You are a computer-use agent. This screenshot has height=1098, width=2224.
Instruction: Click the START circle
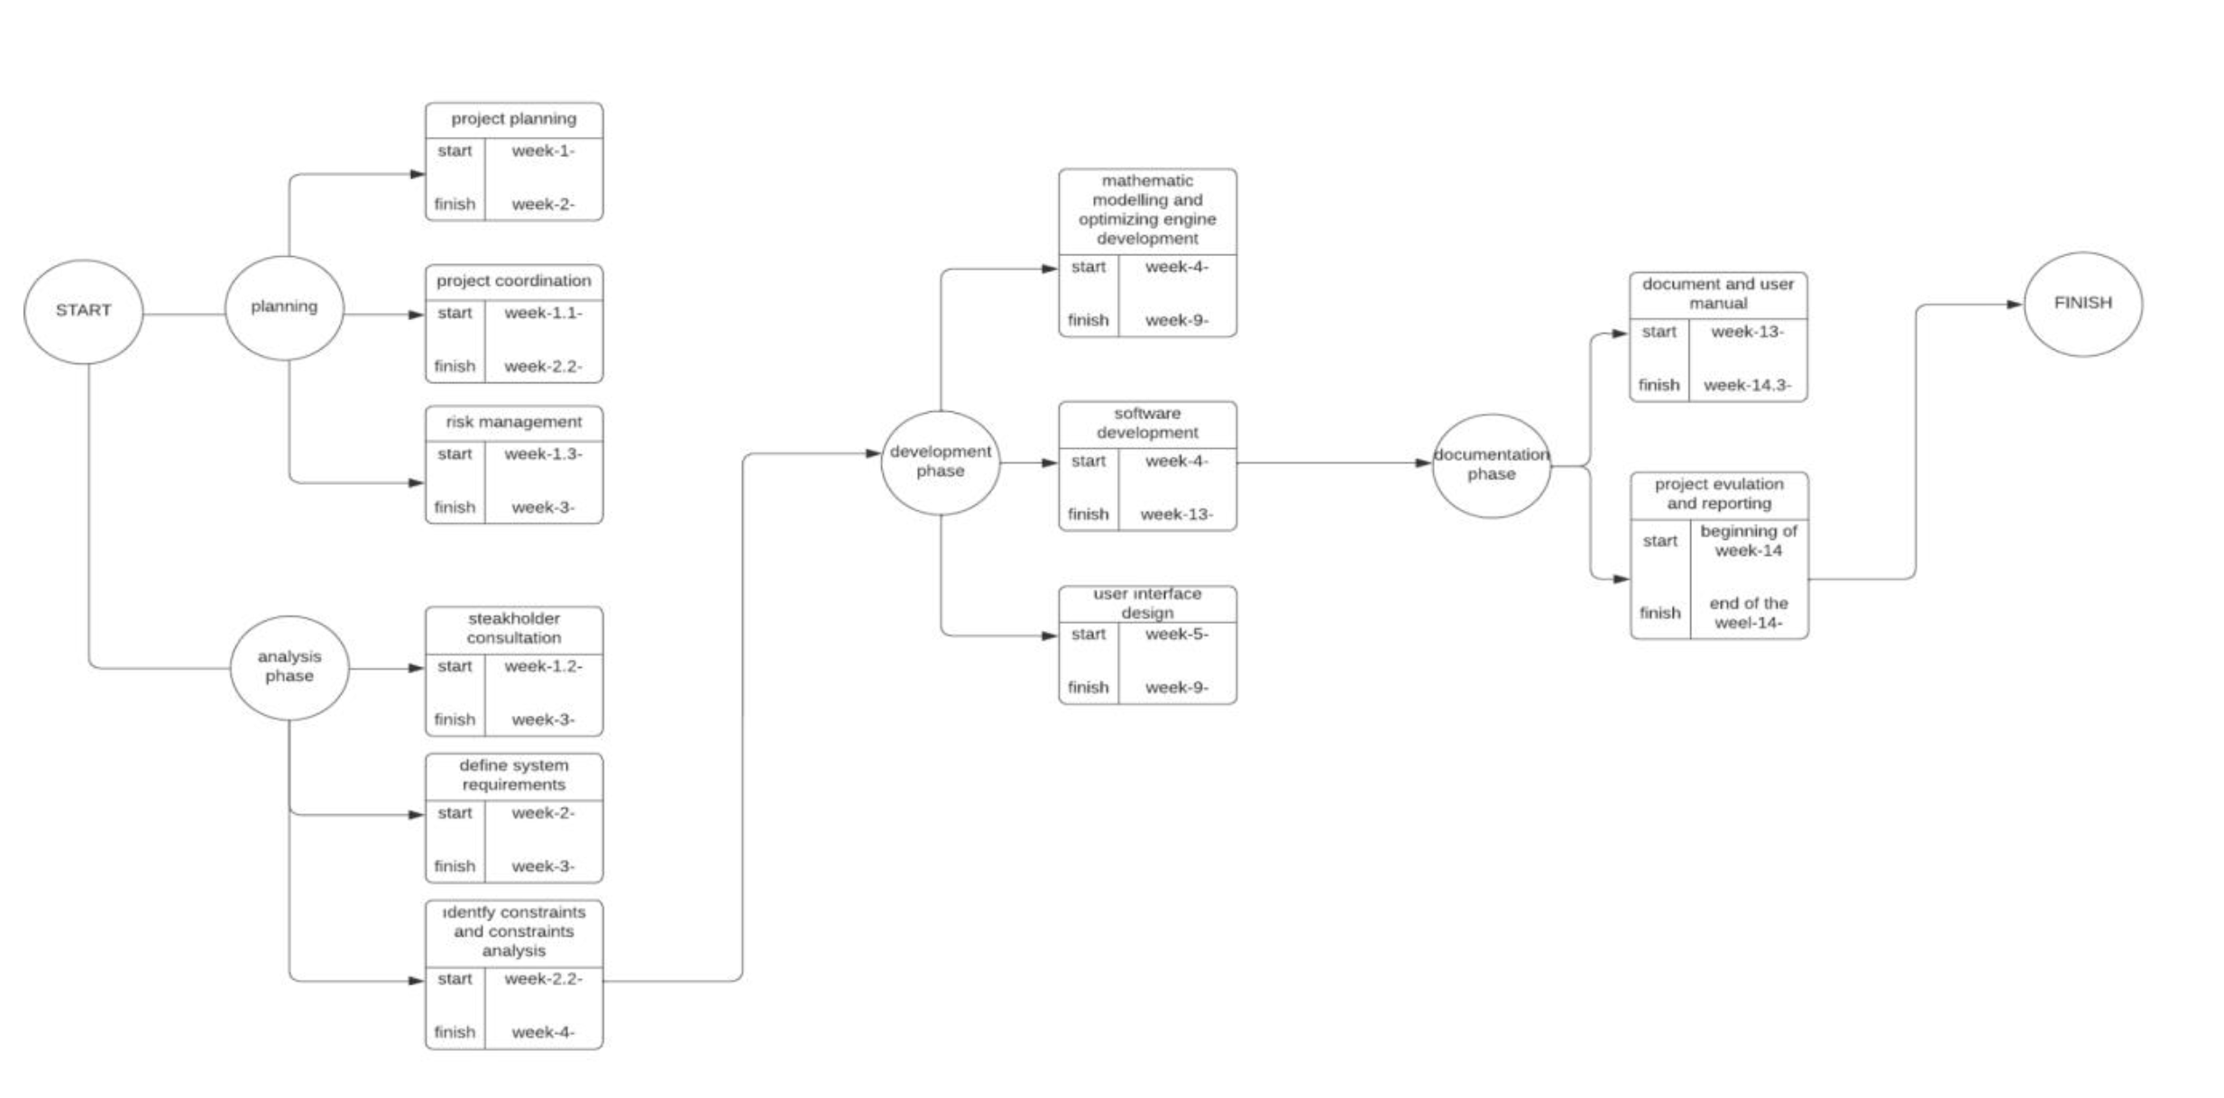[83, 311]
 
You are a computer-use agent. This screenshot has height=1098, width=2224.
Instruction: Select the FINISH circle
[2082, 304]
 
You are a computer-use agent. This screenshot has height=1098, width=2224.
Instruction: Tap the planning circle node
[284, 307]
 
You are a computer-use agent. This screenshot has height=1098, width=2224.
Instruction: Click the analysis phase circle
[289, 666]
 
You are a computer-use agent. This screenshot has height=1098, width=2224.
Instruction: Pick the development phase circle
[940, 462]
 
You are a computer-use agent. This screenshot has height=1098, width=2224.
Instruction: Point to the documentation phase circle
[1491, 465]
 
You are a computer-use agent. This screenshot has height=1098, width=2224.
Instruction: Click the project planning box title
[513, 119]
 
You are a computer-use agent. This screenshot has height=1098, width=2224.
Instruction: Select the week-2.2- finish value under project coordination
[543, 366]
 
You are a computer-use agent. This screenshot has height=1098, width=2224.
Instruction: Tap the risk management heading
[513, 422]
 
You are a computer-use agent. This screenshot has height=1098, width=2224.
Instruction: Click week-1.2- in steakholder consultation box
[543, 666]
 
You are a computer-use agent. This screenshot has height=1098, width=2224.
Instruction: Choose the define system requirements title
[513, 775]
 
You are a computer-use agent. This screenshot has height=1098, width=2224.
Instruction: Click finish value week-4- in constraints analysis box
[543, 1032]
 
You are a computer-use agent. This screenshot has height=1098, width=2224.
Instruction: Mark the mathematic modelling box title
[1147, 210]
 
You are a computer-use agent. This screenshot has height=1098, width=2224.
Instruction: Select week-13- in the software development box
[1176, 515]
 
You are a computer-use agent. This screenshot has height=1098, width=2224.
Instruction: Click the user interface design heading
[1147, 603]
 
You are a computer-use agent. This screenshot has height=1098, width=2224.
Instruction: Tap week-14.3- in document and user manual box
[1747, 385]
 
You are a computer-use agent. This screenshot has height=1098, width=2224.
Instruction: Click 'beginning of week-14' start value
[1748, 541]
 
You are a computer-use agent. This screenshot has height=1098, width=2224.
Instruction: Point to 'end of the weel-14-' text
[1748, 613]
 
